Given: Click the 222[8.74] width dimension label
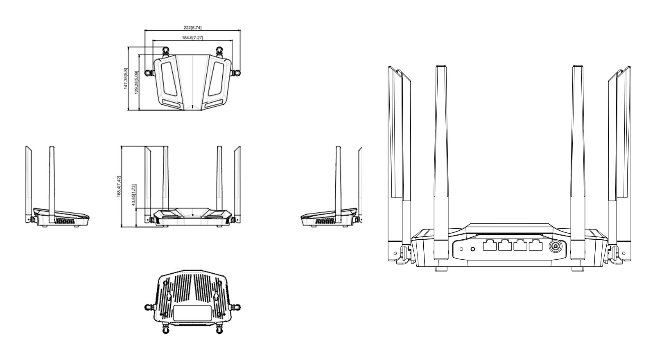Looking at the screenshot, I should point(192,28).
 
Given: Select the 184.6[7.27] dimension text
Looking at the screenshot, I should point(192,38).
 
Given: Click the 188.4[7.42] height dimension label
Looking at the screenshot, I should point(119,187).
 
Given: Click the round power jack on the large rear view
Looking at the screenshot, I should point(556,246).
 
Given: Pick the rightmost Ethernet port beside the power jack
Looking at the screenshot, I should point(535,246).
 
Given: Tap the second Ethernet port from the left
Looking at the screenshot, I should point(505,246).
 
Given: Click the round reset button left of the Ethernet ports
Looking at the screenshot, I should point(473,249).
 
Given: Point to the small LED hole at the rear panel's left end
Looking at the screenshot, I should point(461,249).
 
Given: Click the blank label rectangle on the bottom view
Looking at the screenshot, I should point(192,313).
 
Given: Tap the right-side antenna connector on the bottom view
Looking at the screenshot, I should point(236,306).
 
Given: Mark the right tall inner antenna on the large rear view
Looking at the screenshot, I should point(577,164).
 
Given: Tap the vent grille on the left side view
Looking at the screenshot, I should point(66,221).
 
